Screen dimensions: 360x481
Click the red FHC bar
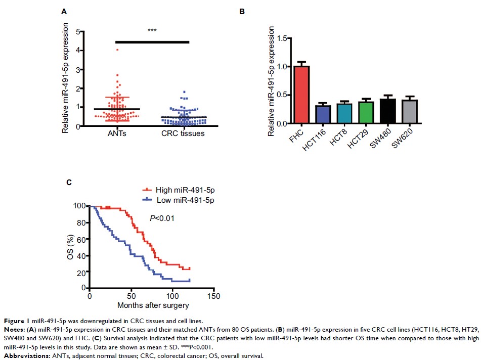tap(301, 95)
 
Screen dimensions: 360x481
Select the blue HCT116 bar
tap(323, 114)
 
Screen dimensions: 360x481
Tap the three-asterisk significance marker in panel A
tap(152, 31)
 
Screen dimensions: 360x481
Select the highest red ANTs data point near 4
tap(117, 50)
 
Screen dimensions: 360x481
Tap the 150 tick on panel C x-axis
tap(214, 296)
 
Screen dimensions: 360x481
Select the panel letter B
tap(243, 11)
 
